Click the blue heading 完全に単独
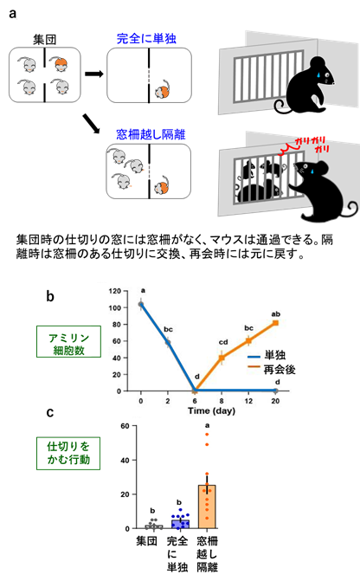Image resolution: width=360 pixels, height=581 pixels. point(146,39)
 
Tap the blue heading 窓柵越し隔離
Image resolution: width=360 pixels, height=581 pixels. point(151,134)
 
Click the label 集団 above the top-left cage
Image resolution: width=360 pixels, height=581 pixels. point(44,39)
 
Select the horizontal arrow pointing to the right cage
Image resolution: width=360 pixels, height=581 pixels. point(94,74)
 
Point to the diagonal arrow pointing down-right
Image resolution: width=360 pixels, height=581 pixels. point(91,124)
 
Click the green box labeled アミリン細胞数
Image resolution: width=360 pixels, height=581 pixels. point(68,342)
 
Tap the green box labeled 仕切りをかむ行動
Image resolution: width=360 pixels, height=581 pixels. point(68,453)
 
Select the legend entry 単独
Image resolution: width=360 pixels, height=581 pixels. point(267,355)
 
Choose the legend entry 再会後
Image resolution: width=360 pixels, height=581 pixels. point(272,370)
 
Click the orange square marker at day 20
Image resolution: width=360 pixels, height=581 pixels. point(275,323)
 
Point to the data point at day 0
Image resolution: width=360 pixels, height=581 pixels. point(141,305)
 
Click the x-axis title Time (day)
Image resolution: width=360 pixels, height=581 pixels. point(211,411)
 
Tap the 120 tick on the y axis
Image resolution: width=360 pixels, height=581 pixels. point(115,291)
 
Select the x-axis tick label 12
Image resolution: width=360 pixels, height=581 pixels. point(248,401)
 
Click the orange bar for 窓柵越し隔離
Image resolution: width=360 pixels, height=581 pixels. point(207,507)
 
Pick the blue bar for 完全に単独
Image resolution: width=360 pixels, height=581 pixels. point(180,524)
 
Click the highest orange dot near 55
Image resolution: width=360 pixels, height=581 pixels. point(208,434)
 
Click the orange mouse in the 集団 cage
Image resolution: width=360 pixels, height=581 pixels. point(61,64)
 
